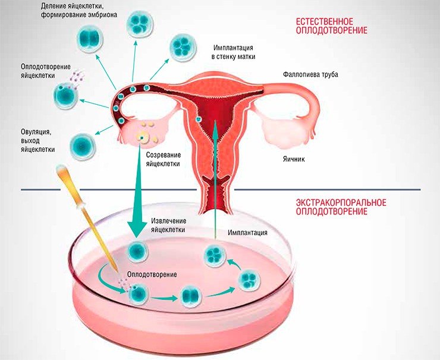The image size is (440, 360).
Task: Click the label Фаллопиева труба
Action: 310,75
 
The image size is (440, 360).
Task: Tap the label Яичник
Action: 294,159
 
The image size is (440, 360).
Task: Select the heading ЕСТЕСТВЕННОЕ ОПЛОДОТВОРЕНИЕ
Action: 332,26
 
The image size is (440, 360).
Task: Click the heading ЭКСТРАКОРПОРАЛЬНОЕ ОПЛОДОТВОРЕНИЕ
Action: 341,206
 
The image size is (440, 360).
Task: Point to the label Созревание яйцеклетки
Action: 163,159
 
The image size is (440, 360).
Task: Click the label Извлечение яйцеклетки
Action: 168,225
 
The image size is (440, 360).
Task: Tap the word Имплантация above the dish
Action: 247,233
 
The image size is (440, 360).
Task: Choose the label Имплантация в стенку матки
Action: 233,52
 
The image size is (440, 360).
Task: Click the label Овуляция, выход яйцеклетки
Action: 37,140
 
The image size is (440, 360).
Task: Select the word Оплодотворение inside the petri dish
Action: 152,274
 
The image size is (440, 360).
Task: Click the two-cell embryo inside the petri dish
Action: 191,296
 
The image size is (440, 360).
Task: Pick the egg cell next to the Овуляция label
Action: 82,146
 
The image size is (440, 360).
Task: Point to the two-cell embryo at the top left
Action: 90,39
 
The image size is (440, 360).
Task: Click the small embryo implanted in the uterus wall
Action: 199,119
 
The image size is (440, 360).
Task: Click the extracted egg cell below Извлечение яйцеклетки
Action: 137,251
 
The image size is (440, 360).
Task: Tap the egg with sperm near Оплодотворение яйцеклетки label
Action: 65,94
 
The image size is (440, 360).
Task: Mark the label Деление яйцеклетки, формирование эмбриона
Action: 79,10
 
